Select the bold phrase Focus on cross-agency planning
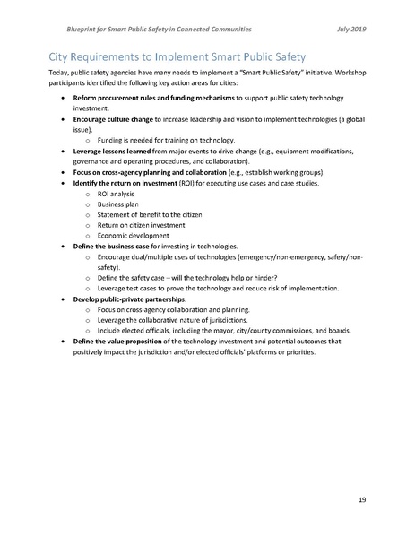pyautogui.click(x=125, y=171)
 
